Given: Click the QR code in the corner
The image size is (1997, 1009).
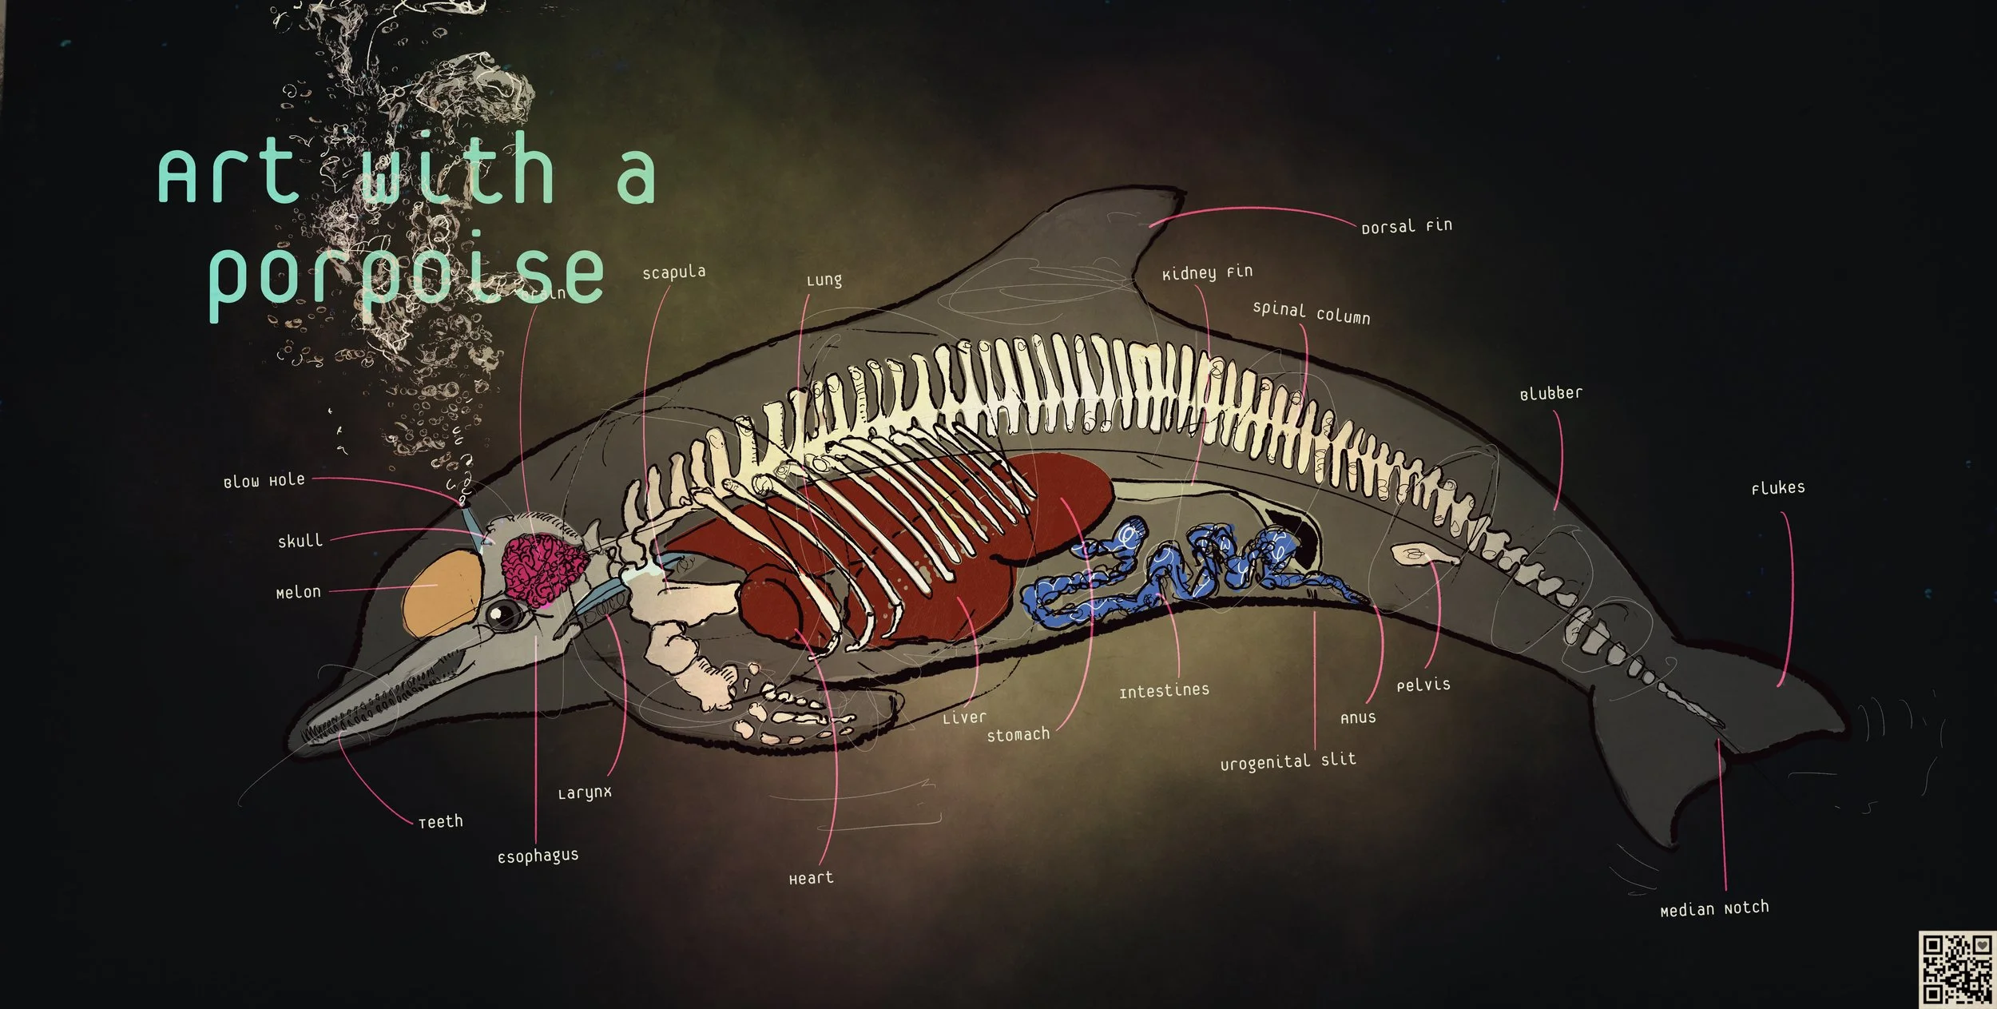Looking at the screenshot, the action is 1955,967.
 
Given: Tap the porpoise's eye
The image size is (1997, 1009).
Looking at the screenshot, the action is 506,614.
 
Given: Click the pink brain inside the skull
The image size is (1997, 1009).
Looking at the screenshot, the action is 543,568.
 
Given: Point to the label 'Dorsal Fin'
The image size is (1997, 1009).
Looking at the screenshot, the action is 1406,227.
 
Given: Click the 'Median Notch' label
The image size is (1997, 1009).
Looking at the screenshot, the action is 1714,909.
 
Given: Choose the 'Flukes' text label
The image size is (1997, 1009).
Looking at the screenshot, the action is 1777,488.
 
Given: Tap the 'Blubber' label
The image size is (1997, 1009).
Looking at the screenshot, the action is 1550,394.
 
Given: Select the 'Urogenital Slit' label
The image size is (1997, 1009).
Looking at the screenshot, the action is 1288,761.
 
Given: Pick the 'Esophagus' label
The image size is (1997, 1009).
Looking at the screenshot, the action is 538,856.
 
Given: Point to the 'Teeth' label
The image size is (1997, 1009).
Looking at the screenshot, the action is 440,822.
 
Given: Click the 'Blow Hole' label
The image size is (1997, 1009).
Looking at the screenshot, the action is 264,481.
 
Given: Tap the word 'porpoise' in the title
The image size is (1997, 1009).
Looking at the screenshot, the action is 405,276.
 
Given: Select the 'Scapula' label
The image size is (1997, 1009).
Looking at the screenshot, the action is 673,272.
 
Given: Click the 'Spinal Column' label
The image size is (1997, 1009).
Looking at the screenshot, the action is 1311,313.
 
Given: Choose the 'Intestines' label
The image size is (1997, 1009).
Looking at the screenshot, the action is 1164,691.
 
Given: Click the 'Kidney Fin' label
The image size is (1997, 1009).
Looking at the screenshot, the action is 1207,273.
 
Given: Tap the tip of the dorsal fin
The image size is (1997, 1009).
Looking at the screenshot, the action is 1181,192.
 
